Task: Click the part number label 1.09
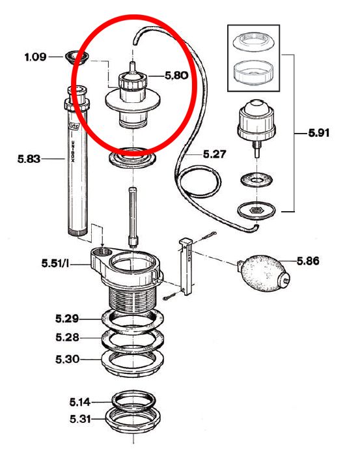point(35,57)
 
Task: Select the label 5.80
point(176,76)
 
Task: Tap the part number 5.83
point(29,159)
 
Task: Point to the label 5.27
point(215,154)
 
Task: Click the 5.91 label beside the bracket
point(319,133)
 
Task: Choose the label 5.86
point(308,261)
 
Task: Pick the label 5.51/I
point(55,263)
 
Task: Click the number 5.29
point(67,319)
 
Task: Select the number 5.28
point(67,337)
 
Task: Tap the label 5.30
point(68,359)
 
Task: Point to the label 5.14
point(80,401)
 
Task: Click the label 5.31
point(80,419)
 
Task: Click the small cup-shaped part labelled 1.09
point(76,57)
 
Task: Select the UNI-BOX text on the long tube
point(73,151)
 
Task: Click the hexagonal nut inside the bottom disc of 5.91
point(256,210)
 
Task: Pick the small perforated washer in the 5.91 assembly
point(256,180)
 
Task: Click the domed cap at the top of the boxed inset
point(254,42)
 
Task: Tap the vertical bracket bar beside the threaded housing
point(186,267)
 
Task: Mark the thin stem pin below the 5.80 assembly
point(133,218)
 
